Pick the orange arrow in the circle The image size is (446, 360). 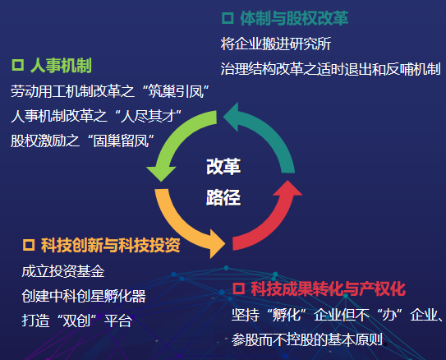click(177, 226)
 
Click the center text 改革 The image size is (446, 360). click(223, 167)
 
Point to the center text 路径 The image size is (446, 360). click(223, 197)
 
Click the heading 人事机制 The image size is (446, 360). click(61, 66)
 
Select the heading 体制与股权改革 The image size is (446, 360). click(294, 19)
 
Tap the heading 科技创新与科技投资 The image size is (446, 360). click(111, 245)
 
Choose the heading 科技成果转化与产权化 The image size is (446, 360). click(329, 288)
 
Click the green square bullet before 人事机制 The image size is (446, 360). click(17, 65)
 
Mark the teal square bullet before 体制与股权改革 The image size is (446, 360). click(228, 18)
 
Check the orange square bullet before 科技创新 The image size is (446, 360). click(29, 245)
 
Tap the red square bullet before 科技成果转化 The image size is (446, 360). click(238, 288)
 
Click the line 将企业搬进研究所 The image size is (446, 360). click(276, 44)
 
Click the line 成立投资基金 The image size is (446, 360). click(63, 271)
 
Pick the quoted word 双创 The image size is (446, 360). click(76, 321)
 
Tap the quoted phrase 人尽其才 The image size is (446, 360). click(148, 116)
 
